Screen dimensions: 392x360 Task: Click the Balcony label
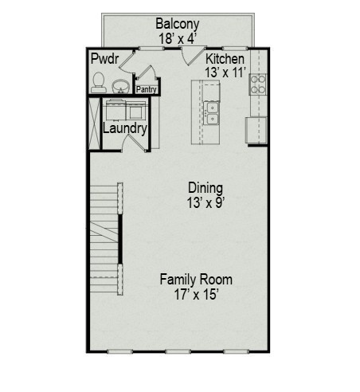(177, 23)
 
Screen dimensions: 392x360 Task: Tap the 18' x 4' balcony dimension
(177, 37)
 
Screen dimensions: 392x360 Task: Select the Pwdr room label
(104, 60)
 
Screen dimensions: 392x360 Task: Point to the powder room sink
(121, 85)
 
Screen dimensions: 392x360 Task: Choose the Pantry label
(146, 90)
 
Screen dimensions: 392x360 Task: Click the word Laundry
(124, 127)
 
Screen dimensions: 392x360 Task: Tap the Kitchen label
(225, 60)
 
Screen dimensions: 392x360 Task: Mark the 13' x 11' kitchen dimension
(225, 73)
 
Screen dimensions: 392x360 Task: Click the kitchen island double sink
(211, 113)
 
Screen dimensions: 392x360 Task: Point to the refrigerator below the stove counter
(256, 129)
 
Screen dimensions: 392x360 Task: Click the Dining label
(205, 187)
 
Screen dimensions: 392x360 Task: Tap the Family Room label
(196, 280)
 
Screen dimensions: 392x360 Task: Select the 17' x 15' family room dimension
(196, 294)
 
